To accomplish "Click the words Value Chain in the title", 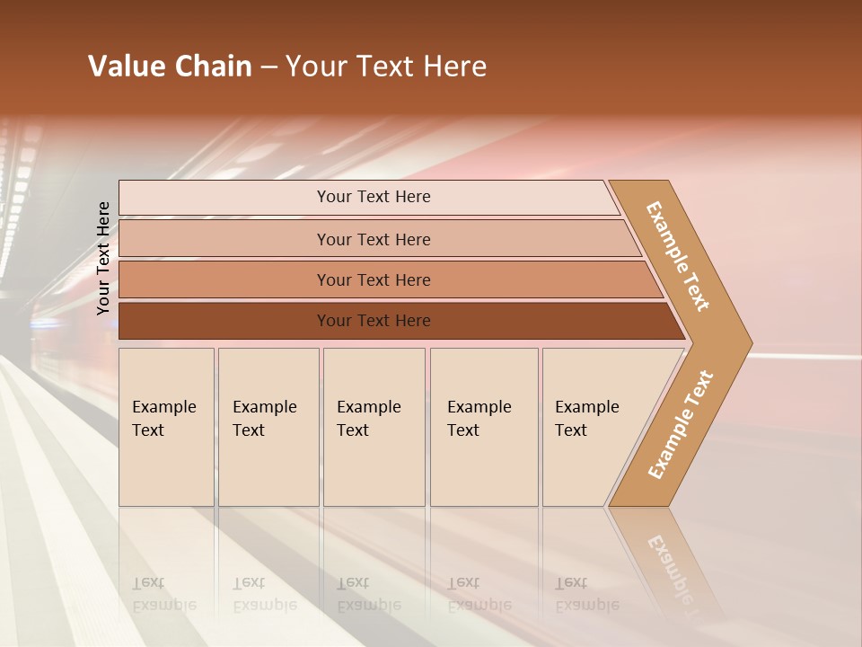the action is [170, 66].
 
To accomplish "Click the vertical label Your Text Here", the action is [103, 258].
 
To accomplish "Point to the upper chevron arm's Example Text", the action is [678, 256].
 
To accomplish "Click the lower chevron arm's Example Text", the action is [681, 424].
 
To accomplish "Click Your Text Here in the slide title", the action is [386, 66].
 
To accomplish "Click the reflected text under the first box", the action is [163, 594].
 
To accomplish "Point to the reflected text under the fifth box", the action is [586, 594].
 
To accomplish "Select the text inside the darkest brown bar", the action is [374, 321].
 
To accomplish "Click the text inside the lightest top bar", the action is [374, 197].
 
